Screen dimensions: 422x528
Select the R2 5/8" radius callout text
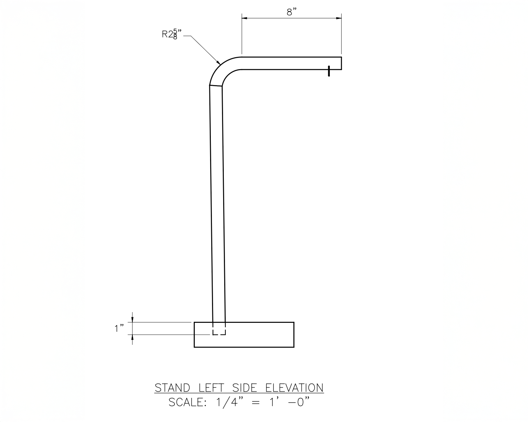tap(171, 35)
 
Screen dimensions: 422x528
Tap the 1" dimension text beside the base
tap(119, 328)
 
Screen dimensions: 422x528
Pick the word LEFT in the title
tap(211, 388)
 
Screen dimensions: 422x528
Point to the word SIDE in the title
tap(245, 388)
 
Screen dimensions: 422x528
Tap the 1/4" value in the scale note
tap(227, 402)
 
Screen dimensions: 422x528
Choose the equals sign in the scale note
tap(256, 403)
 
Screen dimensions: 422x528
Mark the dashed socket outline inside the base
tap(219, 331)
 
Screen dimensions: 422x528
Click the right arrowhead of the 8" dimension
tap(338, 18)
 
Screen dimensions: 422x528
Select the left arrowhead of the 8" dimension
tap(245, 18)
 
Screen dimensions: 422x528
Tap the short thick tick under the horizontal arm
tap(329, 71)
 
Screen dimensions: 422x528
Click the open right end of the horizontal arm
tap(341, 63)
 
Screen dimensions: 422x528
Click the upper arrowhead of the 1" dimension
tap(132, 319)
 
